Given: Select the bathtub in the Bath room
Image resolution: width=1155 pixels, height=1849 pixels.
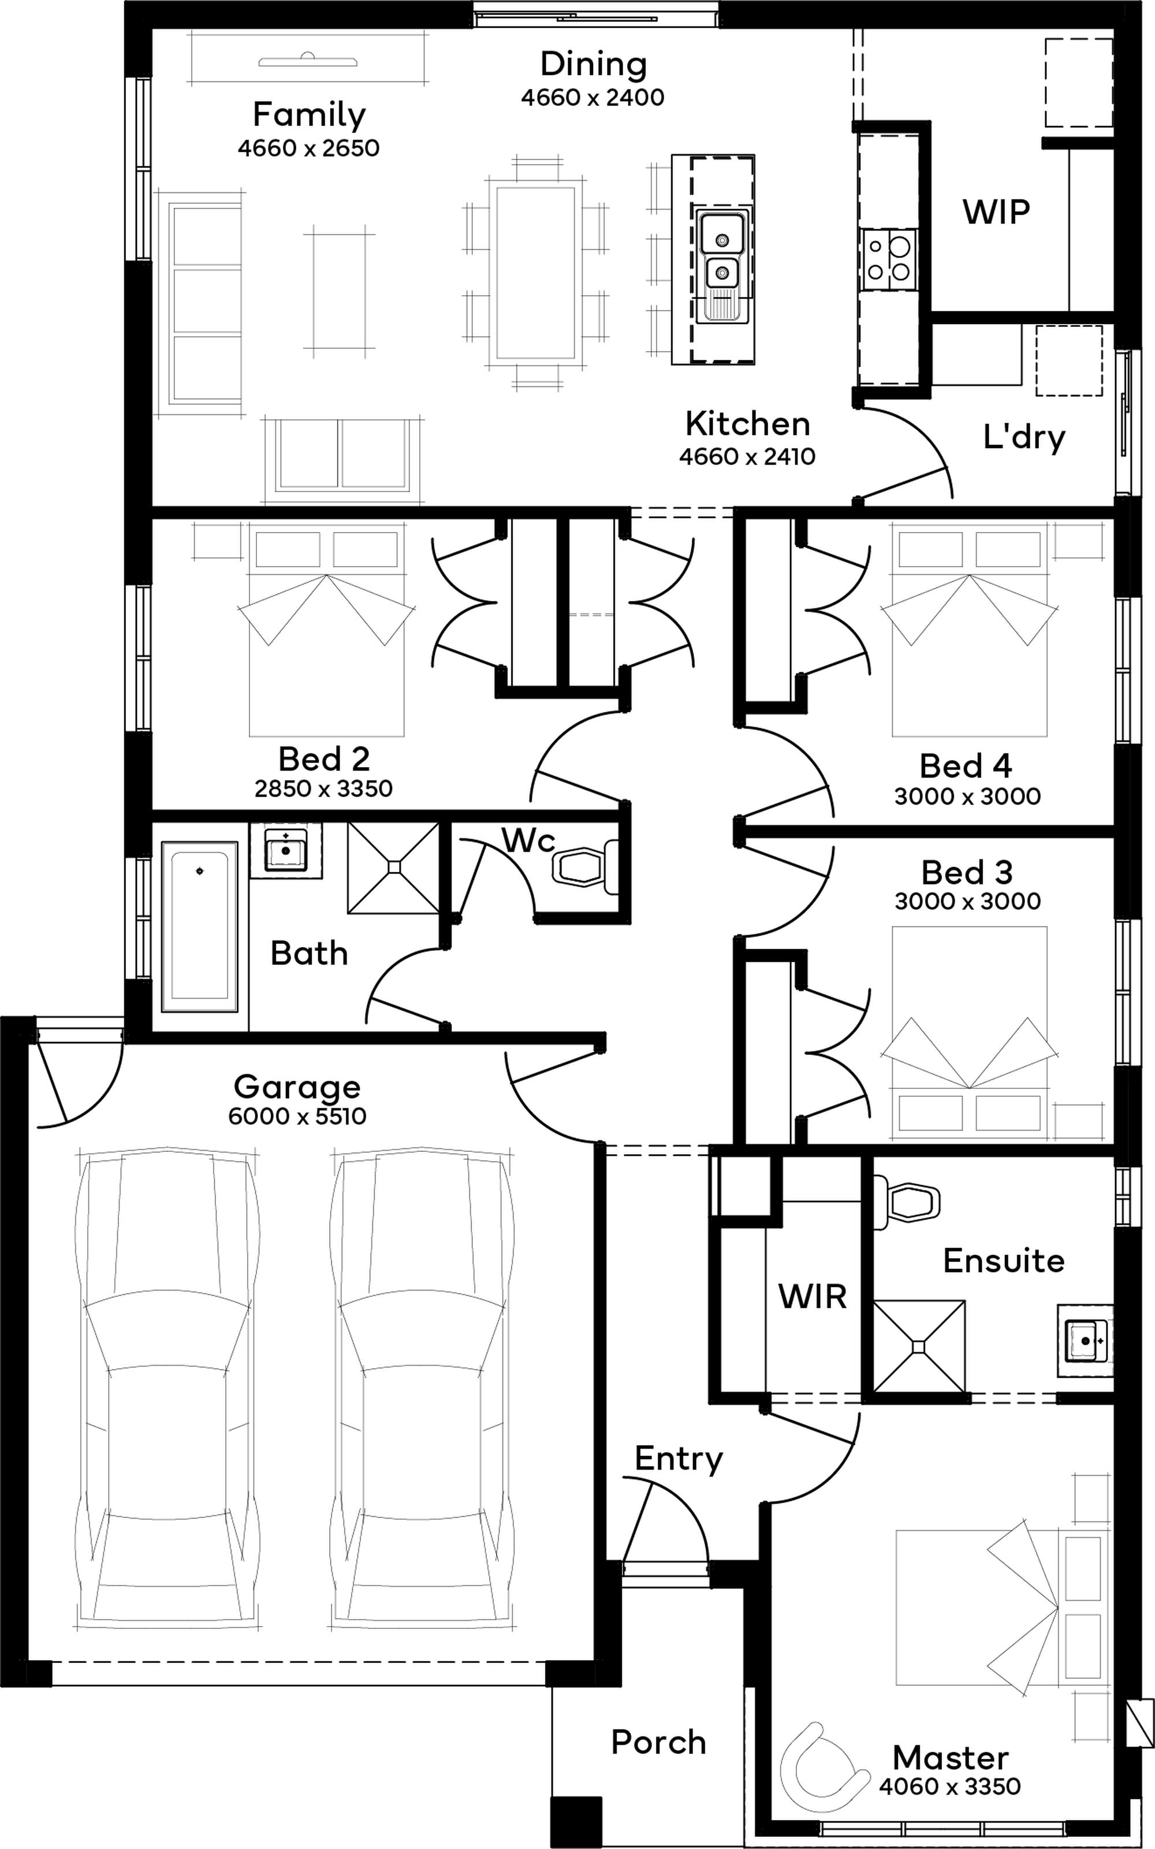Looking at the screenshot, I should coord(199,927).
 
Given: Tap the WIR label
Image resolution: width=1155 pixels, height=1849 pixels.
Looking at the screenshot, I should coord(812,1297).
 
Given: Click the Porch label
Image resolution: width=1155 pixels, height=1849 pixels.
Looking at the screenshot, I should coord(658,1742).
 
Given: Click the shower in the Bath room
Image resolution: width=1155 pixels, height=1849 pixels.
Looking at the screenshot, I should coord(393,867).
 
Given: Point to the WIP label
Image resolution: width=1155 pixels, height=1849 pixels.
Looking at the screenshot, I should coord(996,211).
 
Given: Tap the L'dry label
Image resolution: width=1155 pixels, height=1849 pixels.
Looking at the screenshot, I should coord(1023,437).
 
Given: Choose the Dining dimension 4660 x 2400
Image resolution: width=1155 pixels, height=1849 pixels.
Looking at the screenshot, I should coord(593,98).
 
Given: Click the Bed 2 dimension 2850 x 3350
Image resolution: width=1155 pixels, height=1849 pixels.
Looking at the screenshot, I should coord(323,788).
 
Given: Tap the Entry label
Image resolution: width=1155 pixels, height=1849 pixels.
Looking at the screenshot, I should coord(679,1459).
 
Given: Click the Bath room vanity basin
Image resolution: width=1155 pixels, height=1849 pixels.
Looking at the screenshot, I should coord(286,850).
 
